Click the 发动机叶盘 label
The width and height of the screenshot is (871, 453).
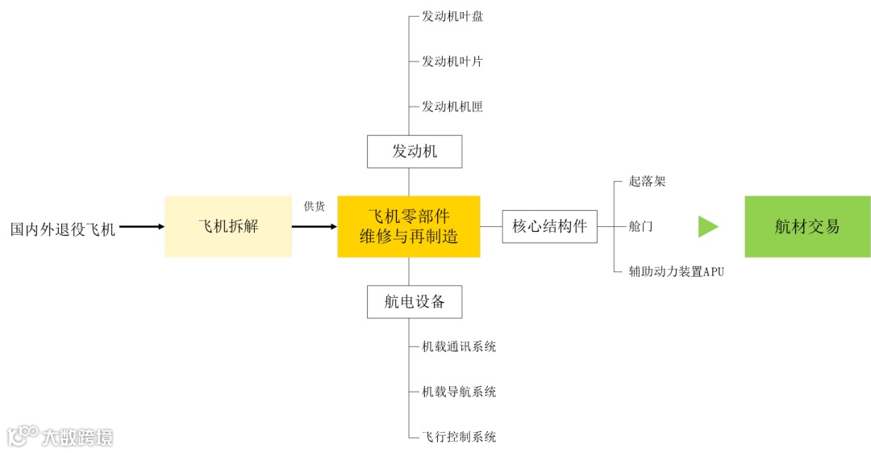[452, 16]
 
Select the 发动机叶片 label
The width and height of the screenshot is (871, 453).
[452, 61]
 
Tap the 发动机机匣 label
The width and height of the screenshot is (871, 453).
[452, 107]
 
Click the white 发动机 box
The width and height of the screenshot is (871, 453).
[415, 152]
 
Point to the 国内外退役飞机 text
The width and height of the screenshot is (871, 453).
[63, 229]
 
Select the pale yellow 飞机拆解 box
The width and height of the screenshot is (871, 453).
[228, 227]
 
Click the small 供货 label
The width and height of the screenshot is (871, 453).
[315, 207]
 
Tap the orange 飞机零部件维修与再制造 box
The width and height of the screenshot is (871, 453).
[409, 227]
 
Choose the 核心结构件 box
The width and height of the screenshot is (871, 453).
[550, 227]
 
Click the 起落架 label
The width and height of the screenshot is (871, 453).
[648, 182]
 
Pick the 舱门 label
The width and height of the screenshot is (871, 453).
[641, 227]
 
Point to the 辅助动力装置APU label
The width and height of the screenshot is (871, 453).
[677, 272]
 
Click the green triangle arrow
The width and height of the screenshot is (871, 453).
[707, 227]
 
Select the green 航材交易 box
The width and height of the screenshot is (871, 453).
[807, 227]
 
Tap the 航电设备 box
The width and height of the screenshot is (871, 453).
[415, 302]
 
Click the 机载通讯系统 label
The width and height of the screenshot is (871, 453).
[459, 347]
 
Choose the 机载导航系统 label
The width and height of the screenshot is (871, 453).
[459, 392]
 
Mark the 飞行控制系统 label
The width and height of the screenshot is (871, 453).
[459, 438]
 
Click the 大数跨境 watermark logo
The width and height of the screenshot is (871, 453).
[60, 437]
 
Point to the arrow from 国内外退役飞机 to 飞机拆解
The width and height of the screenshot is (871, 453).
[141, 227]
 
